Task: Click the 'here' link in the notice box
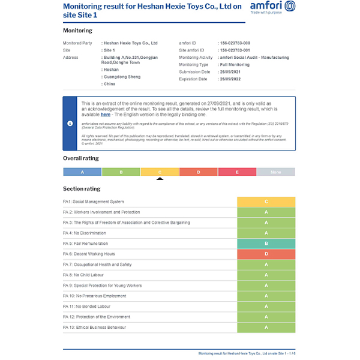pyautogui.click(x=106, y=114)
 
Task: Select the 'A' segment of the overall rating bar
pyautogui.click(x=82, y=172)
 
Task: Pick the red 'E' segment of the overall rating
pyautogui.click(x=237, y=172)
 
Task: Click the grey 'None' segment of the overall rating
pyautogui.click(x=276, y=172)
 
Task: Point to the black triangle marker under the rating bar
pyautogui.click(x=160, y=178)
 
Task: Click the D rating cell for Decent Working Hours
pyautogui.click(x=266, y=254)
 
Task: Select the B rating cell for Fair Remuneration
pyautogui.click(x=266, y=244)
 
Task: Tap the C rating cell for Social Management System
pyautogui.click(x=266, y=202)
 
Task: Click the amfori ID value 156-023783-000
pyautogui.click(x=236, y=43)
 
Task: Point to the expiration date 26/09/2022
pyautogui.click(x=230, y=79)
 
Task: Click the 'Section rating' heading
pyautogui.click(x=82, y=188)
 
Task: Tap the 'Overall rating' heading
pyautogui.click(x=81, y=158)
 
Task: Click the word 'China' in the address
pyautogui.click(x=110, y=84)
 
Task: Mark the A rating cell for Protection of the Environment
pyautogui.click(x=266, y=317)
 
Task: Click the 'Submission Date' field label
pyautogui.click(x=194, y=72)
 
